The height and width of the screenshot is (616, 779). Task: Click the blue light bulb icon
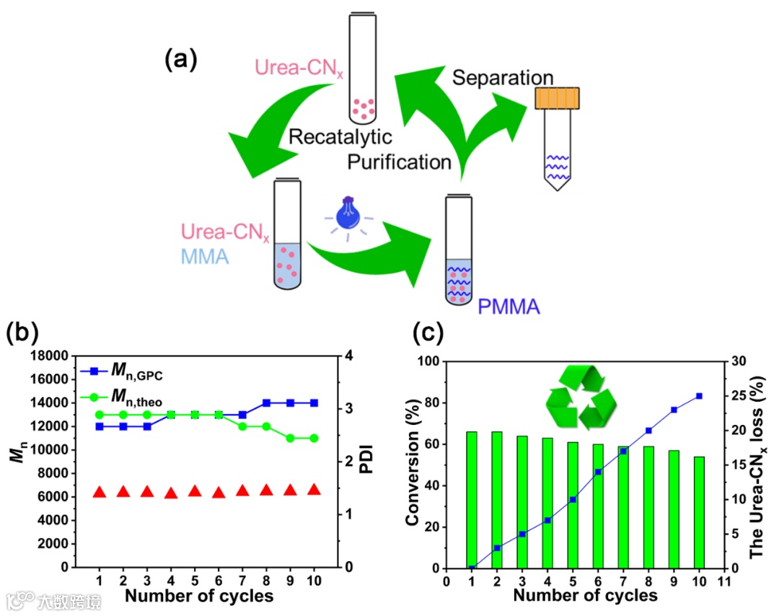(x=349, y=216)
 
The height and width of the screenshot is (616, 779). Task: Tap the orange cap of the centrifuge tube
(x=558, y=98)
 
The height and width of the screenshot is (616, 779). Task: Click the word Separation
(x=503, y=78)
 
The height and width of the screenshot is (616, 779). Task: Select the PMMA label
(x=509, y=308)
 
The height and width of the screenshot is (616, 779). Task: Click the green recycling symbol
(x=581, y=397)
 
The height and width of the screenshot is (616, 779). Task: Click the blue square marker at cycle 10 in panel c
(x=699, y=395)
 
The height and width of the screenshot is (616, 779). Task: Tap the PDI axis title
(x=368, y=461)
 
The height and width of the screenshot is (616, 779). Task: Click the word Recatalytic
(x=340, y=137)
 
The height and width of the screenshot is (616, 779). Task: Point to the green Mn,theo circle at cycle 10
(x=314, y=438)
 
